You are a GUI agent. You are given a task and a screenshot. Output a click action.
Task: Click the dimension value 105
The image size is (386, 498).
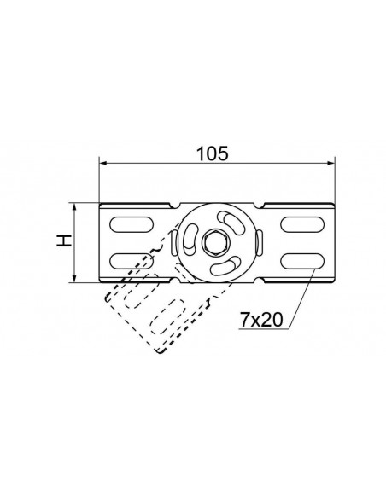pyautogui.click(x=212, y=153)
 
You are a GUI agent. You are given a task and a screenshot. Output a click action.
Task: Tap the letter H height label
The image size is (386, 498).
pyautogui.click(x=63, y=241)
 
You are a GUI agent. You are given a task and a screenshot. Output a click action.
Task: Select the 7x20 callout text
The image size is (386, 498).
pyautogui.click(x=261, y=320)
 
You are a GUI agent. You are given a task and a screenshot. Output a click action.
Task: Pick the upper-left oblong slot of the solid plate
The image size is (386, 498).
pyautogui.click(x=132, y=224)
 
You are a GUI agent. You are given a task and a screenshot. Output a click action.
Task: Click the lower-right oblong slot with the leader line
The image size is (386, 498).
pyautogui.click(x=302, y=261)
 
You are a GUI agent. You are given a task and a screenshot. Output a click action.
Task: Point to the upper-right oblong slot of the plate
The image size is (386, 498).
pyautogui.click(x=302, y=224)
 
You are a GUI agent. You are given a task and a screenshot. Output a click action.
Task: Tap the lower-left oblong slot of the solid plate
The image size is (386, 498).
pyautogui.click(x=132, y=261)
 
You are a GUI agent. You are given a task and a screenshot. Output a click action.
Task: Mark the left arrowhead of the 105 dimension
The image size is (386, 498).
pyautogui.click(x=103, y=163)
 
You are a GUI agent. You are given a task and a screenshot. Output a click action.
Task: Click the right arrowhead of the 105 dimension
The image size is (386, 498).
pyautogui.click(x=331, y=163)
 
